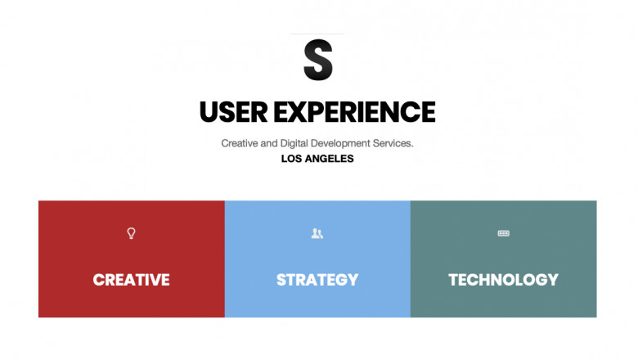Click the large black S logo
(x=318, y=60)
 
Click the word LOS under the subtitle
(x=292, y=159)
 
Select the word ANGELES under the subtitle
(x=330, y=159)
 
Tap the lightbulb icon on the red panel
(x=131, y=233)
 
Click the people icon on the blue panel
(x=317, y=233)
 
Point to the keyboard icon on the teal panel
(x=504, y=233)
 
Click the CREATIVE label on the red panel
(x=131, y=280)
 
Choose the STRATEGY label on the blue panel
(x=317, y=280)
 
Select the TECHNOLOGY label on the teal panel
(x=503, y=280)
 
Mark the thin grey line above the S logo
(x=318, y=34)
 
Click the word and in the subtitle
(x=269, y=143)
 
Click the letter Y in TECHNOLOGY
(x=552, y=280)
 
